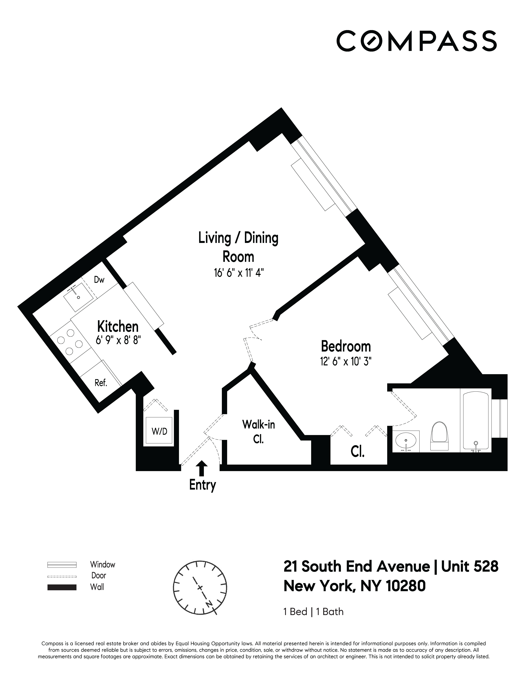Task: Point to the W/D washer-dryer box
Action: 159,431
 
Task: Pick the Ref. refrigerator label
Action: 101,383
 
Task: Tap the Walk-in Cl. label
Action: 259,432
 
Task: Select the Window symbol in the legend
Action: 62,565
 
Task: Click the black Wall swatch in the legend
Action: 62,587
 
